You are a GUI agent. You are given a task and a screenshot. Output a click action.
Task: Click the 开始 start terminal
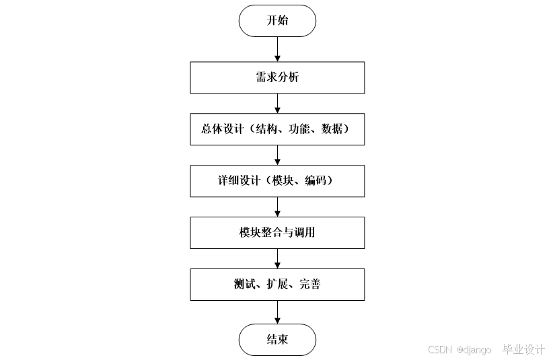tap(277, 20)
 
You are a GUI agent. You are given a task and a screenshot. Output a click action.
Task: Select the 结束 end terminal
tap(277, 339)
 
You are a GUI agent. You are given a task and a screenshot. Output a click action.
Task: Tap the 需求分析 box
tap(277, 77)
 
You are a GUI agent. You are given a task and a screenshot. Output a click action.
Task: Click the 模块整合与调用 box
tap(277, 233)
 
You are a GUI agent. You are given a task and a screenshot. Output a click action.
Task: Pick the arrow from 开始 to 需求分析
tap(277, 49)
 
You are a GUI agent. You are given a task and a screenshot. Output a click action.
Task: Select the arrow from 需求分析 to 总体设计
tap(277, 103)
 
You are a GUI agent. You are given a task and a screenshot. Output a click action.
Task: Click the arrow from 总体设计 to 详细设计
tap(277, 155)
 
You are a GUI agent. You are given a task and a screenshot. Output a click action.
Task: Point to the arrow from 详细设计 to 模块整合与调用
tap(277, 207)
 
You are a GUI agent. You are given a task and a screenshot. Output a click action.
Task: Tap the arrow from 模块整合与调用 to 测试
tap(277, 258)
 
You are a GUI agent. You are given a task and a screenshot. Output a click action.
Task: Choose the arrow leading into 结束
tap(277, 312)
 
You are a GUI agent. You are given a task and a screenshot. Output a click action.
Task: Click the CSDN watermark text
tap(439, 349)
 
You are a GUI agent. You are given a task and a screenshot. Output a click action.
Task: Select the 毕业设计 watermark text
tap(523, 349)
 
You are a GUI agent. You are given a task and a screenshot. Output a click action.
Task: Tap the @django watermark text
tap(474, 349)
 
